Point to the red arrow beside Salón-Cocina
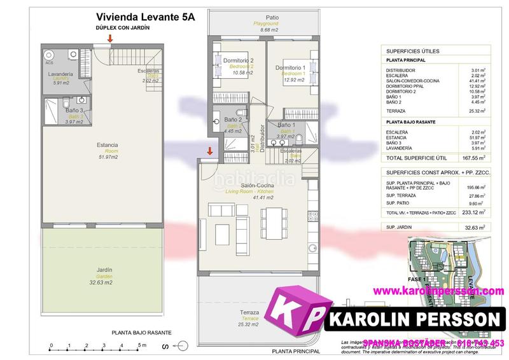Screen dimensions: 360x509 coord(209,151)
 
